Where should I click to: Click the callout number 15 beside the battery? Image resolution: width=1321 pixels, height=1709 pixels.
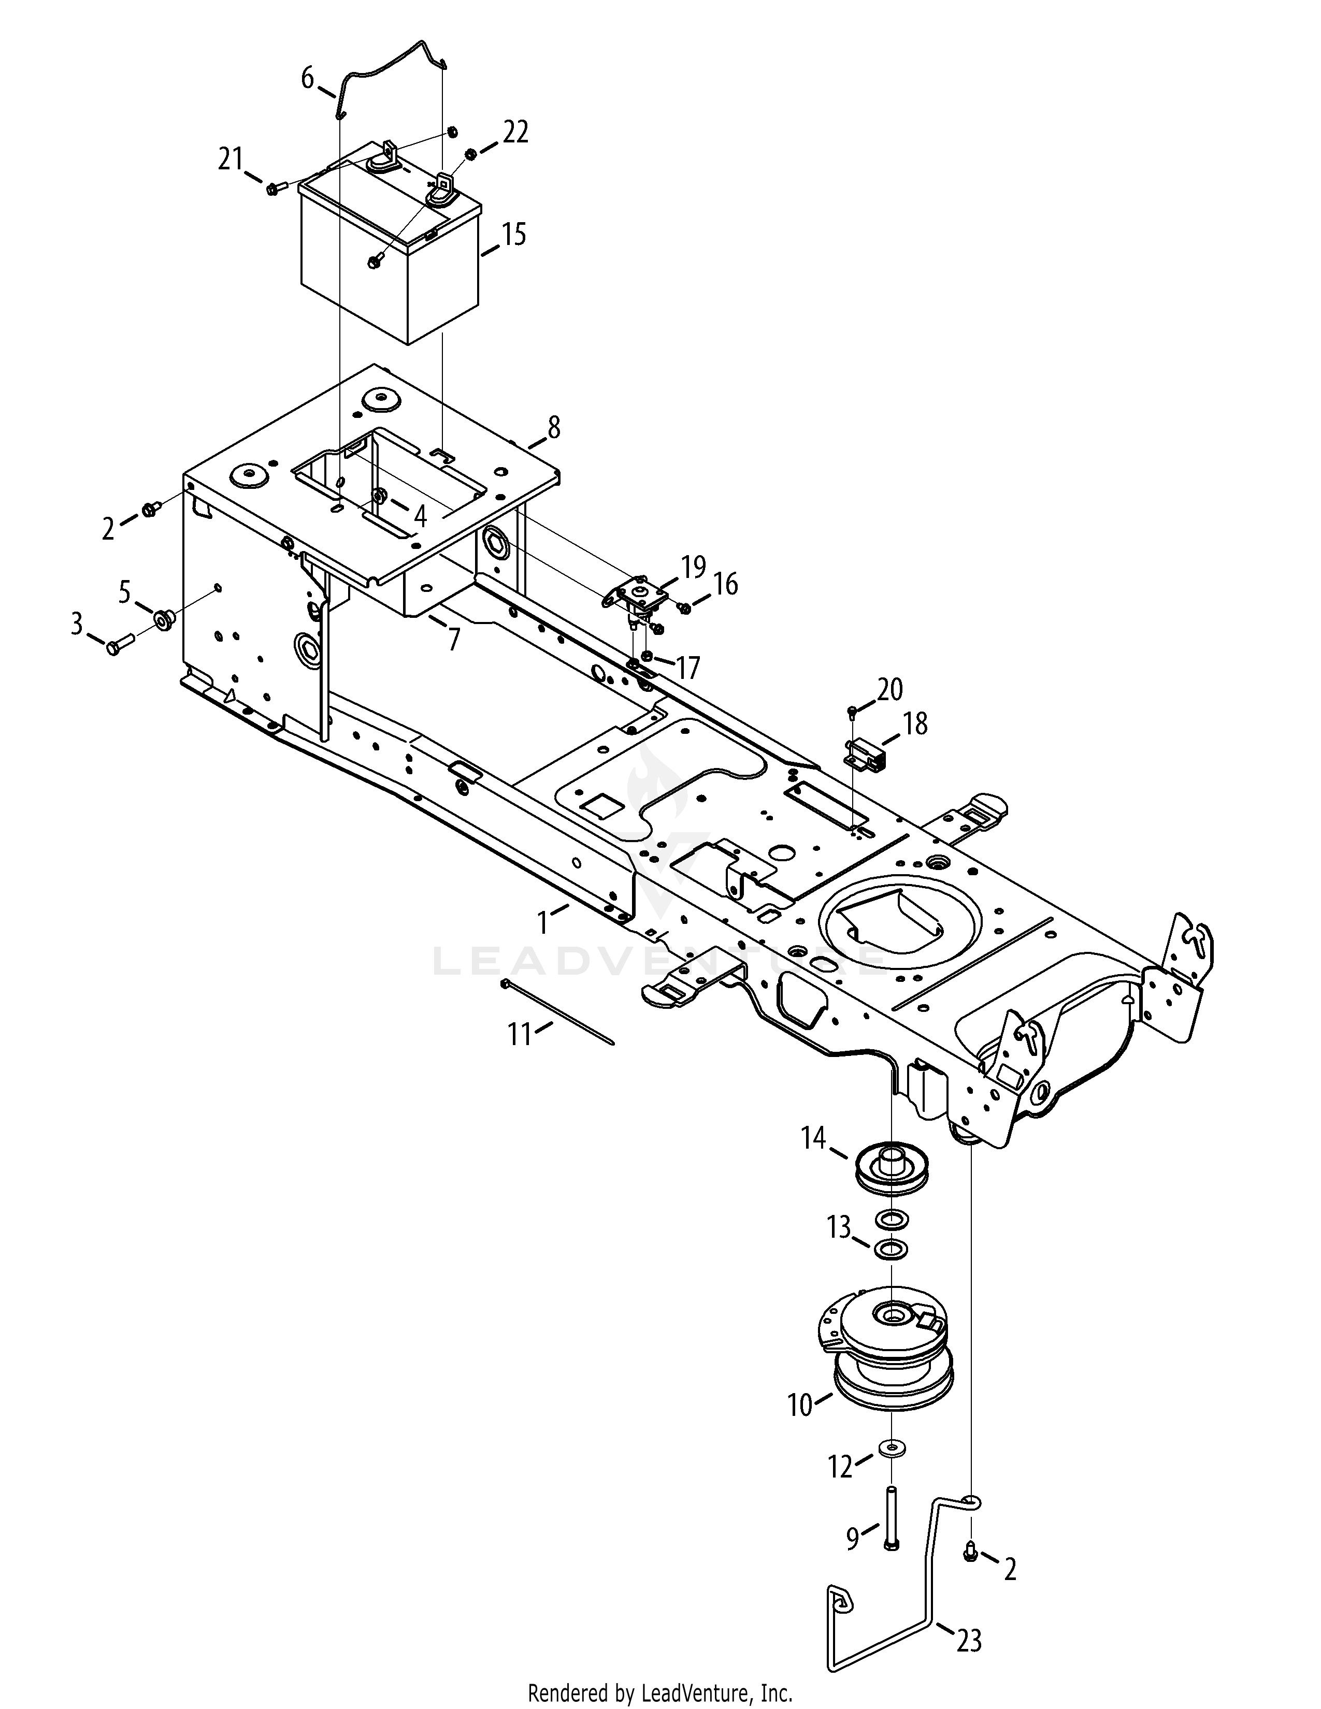pyautogui.click(x=513, y=235)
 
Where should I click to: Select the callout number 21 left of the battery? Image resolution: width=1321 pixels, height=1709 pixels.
pyautogui.click(x=231, y=160)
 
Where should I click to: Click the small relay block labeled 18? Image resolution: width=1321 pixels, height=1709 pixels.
pyautogui.click(x=864, y=756)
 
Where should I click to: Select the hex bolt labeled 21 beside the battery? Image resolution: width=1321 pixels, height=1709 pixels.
pyautogui.click(x=272, y=188)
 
